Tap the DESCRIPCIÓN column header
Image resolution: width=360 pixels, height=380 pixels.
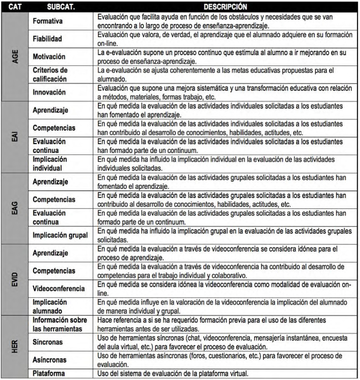click(x=219, y=7)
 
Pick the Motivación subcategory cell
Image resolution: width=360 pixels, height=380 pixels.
click(x=50, y=55)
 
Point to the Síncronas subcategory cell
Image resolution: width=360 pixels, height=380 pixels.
click(x=48, y=342)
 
